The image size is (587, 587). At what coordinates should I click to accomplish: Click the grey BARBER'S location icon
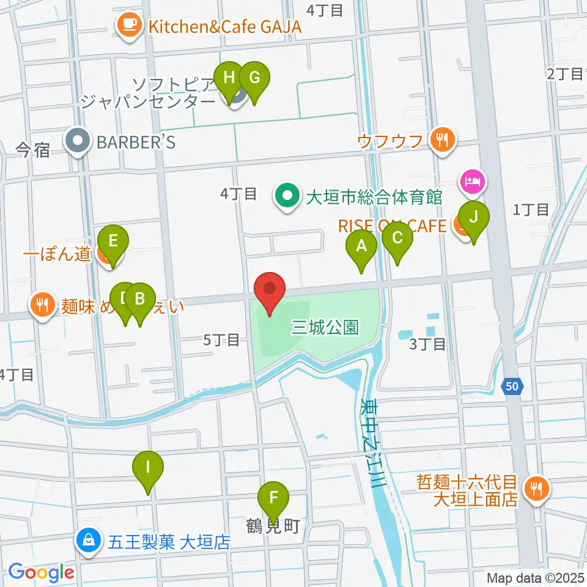pyautogui.click(x=78, y=142)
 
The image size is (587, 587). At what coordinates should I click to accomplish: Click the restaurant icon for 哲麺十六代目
pyautogui.click(x=537, y=488)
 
